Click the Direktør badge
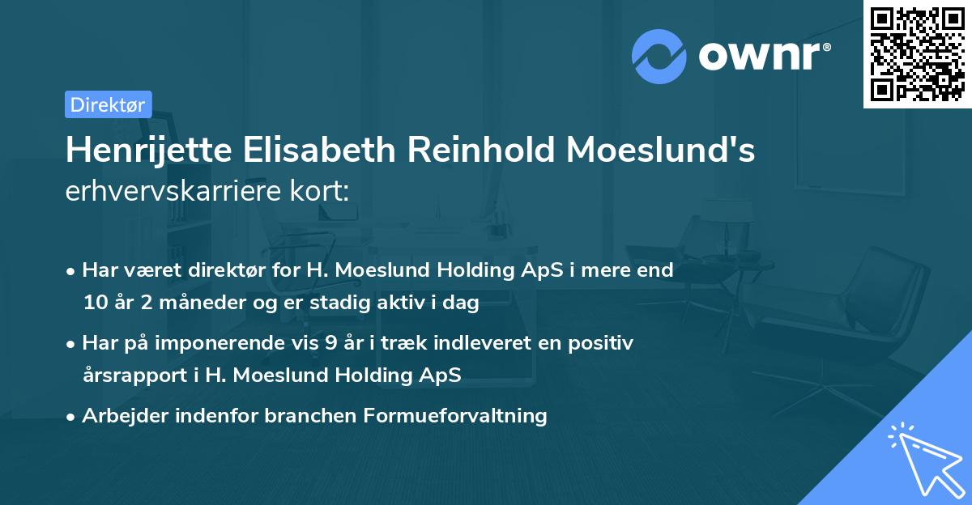tap(108, 104)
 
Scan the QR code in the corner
tap(917, 53)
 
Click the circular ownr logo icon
tap(659, 56)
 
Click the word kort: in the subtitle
tap(323, 191)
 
